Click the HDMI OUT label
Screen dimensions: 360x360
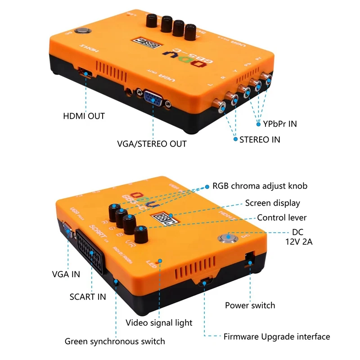[x=84, y=116]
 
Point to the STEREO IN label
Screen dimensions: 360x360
[x=260, y=139]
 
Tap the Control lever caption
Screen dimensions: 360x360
[x=282, y=218]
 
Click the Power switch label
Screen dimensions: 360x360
[x=250, y=306]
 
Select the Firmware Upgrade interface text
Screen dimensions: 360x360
[x=277, y=337]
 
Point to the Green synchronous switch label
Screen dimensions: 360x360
[x=115, y=341]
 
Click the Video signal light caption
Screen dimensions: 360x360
[x=159, y=323]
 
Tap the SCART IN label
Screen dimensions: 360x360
[x=88, y=297]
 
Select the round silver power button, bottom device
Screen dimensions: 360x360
[x=225, y=239]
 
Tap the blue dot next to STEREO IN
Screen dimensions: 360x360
[x=235, y=139]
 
